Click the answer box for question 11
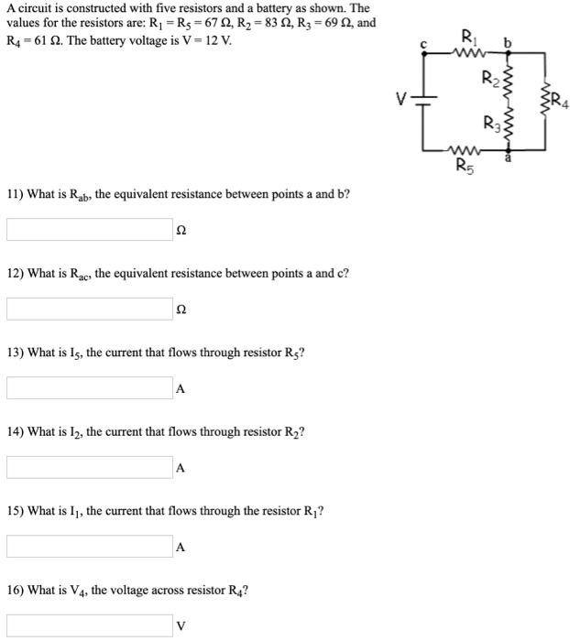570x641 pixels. point(89,229)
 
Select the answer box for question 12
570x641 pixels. point(89,309)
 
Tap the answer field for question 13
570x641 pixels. point(89,388)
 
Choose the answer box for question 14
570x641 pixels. point(89,467)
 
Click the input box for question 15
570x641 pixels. point(89,547)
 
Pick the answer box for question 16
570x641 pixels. point(89,626)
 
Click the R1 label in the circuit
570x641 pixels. point(469,39)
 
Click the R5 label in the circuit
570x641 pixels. point(466,166)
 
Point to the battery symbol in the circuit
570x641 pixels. point(422,99)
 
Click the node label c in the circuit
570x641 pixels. point(422,42)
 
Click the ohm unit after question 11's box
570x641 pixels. point(181,230)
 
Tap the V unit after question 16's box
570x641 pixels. point(181,627)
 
